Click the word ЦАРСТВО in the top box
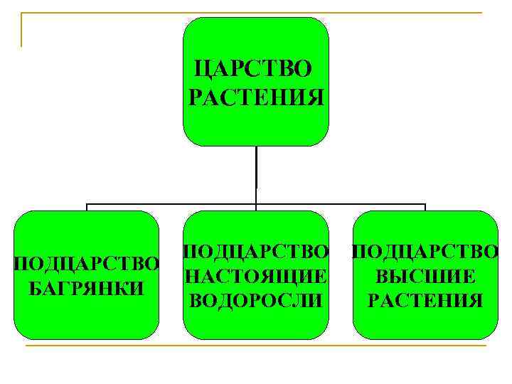point(252,69)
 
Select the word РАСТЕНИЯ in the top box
point(257,96)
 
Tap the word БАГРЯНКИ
point(87,289)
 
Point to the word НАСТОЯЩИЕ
point(257,275)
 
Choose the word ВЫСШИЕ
point(425,276)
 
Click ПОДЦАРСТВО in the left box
point(87,265)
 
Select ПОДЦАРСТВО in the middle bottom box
point(257,251)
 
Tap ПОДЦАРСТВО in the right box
point(425,251)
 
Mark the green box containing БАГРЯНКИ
point(87,320)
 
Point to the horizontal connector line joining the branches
point(171,204)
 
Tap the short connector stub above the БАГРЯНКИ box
point(87,208)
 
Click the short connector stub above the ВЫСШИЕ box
point(425,208)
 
